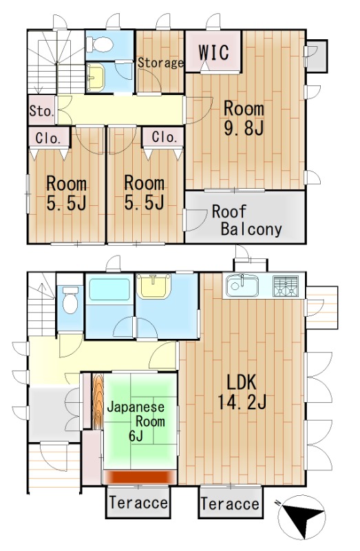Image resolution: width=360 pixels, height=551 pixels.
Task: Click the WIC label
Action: point(213,53)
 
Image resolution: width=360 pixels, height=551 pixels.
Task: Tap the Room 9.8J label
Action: point(244,118)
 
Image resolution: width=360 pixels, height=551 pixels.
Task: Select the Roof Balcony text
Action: point(247,220)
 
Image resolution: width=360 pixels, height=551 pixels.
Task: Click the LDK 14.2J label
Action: point(242,392)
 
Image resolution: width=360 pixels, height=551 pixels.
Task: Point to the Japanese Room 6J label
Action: point(136,422)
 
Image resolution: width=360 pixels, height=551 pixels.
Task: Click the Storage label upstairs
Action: point(160,63)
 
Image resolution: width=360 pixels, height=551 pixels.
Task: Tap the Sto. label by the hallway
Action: point(41,112)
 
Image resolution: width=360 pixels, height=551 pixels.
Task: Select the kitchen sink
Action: point(242,286)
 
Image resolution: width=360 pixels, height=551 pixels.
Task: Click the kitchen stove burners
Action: point(286,286)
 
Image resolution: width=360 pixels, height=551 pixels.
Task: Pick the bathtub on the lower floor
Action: point(109,289)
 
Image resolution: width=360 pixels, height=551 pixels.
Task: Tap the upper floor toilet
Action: point(99,45)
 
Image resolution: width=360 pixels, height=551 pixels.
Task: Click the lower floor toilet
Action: point(70,300)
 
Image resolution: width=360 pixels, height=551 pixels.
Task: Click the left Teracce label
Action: point(138,503)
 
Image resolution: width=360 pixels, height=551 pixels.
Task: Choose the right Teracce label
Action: point(231,503)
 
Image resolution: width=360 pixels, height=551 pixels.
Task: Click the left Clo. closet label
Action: point(48,138)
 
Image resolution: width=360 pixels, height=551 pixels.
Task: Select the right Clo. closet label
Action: point(165,136)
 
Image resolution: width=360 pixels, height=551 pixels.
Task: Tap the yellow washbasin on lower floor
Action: point(153,286)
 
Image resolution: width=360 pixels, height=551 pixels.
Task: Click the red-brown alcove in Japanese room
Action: point(139,477)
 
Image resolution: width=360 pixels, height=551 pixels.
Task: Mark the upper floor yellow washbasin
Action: point(96,77)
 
